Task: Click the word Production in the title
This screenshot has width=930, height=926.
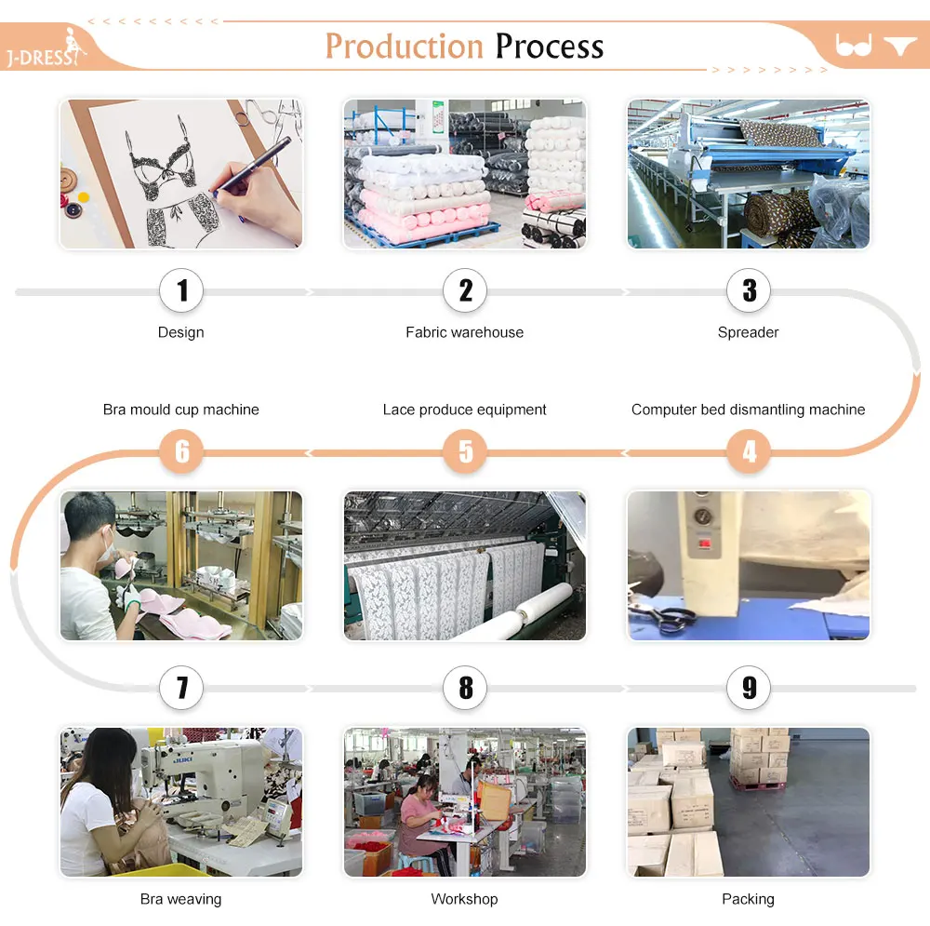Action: (x=404, y=47)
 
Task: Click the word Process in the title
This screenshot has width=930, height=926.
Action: (x=549, y=47)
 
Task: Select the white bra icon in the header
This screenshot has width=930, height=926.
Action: (x=853, y=45)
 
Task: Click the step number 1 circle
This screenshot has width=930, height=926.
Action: (x=181, y=291)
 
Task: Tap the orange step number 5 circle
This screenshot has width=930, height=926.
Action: (x=465, y=452)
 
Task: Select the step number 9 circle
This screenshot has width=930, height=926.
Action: (x=749, y=689)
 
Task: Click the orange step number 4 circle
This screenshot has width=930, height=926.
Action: (x=749, y=452)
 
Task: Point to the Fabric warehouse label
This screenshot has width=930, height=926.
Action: (x=464, y=332)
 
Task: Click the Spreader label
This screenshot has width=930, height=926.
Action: (x=748, y=332)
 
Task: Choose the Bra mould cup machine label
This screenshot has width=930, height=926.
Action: (x=181, y=409)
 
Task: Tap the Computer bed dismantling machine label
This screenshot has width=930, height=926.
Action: (x=748, y=409)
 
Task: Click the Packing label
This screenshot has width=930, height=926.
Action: (x=748, y=899)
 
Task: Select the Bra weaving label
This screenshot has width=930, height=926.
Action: (x=181, y=899)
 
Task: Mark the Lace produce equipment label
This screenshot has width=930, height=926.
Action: (x=464, y=409)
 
